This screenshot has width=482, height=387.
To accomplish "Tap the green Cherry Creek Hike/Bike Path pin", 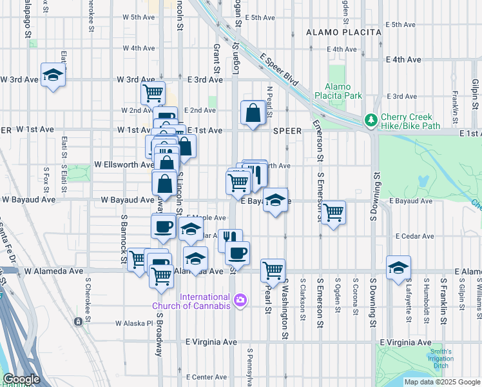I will [371, 120].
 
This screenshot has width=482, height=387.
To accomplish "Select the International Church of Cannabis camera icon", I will [240, 299].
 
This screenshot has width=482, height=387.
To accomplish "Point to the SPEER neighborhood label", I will [287, 130].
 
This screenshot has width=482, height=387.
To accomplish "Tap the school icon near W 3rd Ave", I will [53, 75].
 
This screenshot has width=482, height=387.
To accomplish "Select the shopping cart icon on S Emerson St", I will [333, 212].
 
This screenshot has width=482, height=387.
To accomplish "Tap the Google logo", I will [21, 379].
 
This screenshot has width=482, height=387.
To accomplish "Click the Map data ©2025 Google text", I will [442, 382].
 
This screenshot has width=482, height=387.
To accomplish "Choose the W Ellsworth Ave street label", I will [124, 164].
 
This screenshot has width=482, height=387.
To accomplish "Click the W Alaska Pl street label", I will [135, 323].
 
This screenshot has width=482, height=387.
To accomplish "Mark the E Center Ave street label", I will [206, 377].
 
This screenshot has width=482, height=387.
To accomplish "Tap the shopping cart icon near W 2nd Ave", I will [153, 92].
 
